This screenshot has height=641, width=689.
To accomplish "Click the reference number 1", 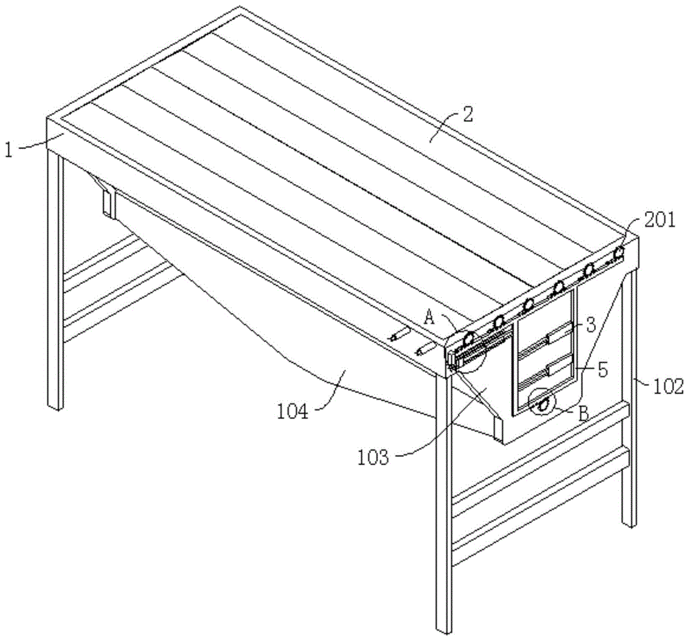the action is point(10,150).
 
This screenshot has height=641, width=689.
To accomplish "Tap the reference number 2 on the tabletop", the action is point(466,114).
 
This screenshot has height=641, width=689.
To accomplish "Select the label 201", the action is point(659,220).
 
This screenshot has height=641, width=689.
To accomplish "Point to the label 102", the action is point(668,387).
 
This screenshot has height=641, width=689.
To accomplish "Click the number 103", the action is point(373,458).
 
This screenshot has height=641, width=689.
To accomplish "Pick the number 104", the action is point(293,411).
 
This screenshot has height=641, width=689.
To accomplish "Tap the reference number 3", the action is point(591,325).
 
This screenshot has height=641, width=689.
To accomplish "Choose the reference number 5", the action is point(603,370).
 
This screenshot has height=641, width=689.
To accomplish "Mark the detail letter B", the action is point(584,414).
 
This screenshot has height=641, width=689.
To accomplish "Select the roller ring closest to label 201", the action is point(619,252).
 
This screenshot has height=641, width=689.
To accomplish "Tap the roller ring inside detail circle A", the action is point(469,338).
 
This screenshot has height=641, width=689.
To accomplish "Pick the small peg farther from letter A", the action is point(400,334).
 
